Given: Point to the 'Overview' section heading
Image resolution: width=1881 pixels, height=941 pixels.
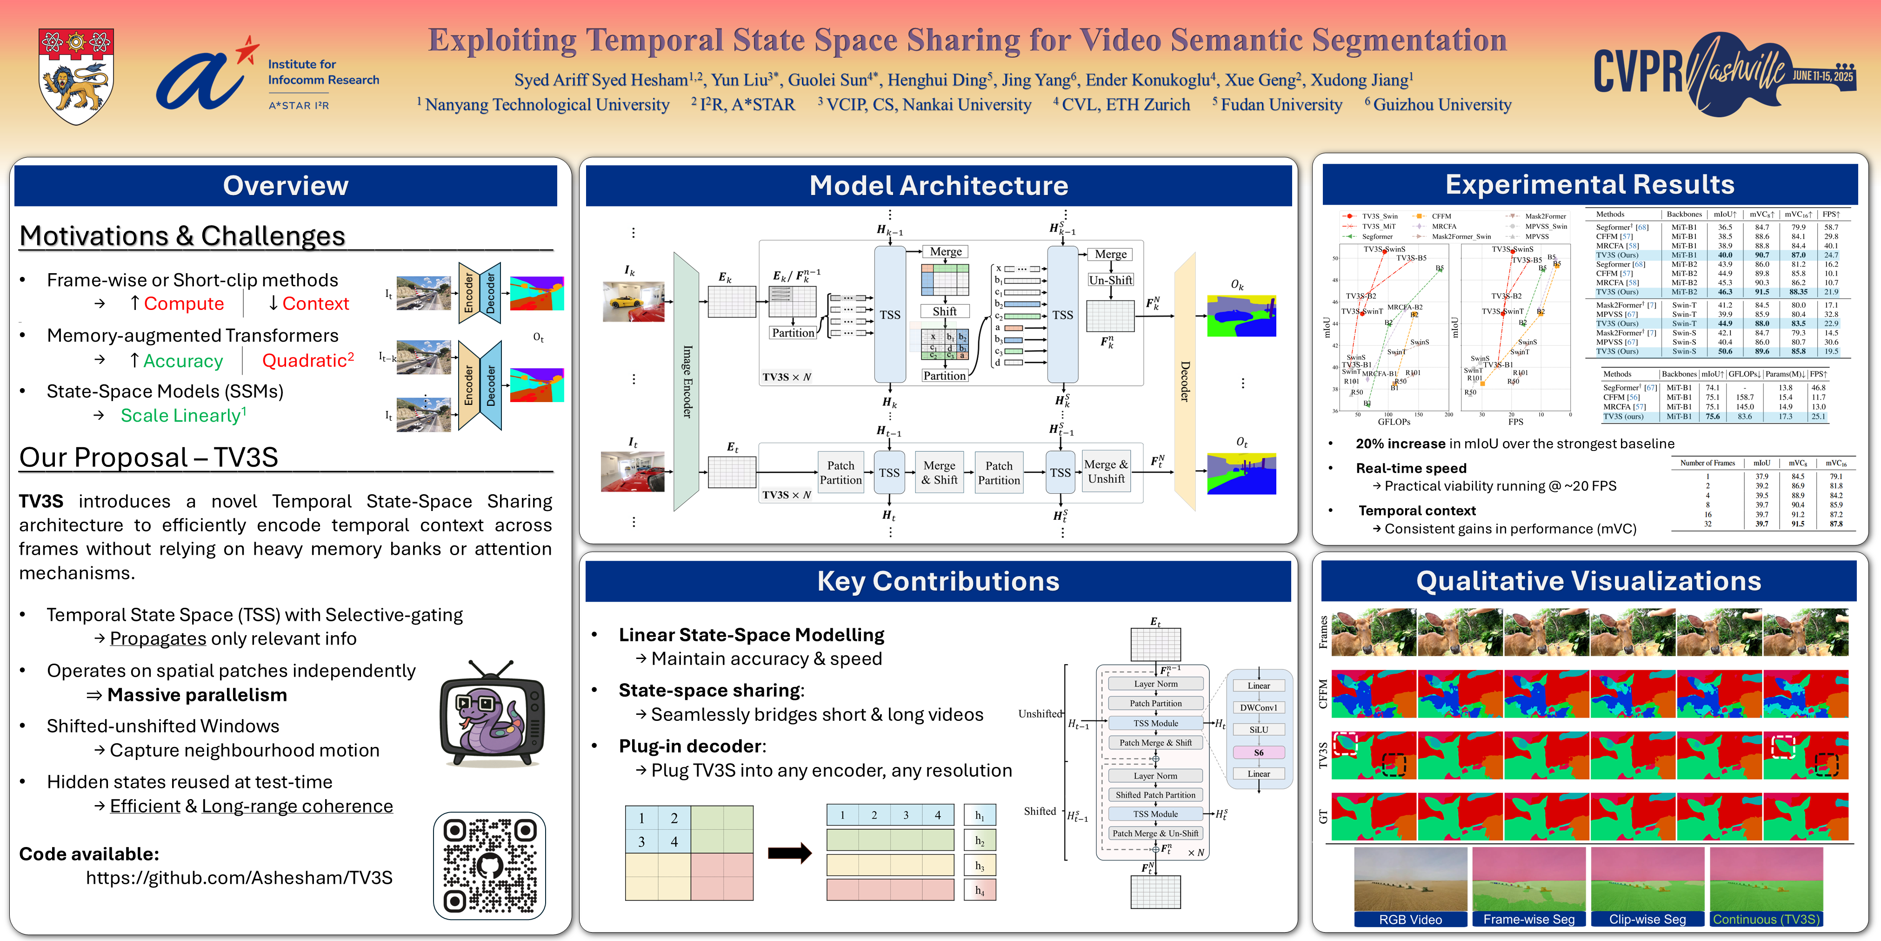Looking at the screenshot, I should point(286,186).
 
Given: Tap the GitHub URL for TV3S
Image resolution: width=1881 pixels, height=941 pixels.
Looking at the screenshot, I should point(239,877).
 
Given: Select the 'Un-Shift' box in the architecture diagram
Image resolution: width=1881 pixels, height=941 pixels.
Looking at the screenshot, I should point(1110,280).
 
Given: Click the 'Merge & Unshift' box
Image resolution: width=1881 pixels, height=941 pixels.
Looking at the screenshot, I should point(1106,472).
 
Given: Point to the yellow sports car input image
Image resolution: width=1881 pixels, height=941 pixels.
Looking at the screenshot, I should point(633,302).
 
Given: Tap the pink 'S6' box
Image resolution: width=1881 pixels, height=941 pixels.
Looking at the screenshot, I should point(1258,753).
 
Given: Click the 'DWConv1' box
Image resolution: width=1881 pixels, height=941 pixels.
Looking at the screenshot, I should point(1258,708).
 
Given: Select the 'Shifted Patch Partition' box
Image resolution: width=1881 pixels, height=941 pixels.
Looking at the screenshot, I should point(1155,795).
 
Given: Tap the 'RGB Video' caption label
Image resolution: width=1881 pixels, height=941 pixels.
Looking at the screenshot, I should point(1410,920).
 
